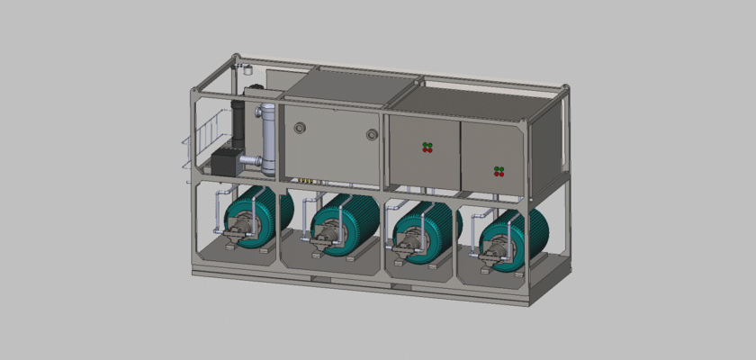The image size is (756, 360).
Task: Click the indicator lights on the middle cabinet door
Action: coord(428,147)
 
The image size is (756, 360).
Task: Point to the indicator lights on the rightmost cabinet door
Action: coord(499,170)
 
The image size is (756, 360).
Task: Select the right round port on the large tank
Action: coord(372,135)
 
